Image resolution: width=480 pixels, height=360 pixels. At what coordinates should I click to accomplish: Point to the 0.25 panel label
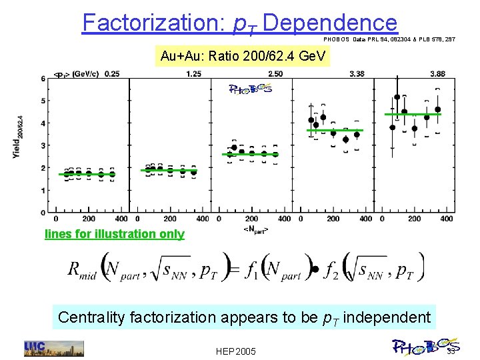112,73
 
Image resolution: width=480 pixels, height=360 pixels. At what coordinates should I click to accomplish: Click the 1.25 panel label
194,73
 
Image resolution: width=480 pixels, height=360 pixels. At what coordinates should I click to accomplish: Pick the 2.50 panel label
275,73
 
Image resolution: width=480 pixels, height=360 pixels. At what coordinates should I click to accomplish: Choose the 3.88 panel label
438,73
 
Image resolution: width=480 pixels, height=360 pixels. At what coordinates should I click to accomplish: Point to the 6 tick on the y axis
43,79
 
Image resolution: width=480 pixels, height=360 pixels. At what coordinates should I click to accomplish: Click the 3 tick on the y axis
43,146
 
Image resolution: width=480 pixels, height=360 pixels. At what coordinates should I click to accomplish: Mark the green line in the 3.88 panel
413,115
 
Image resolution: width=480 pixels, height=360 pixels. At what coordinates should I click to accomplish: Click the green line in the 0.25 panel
87,174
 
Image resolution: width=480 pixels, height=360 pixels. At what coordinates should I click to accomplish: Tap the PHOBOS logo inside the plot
250,89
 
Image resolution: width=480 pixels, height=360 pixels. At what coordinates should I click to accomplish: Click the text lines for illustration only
114,234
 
